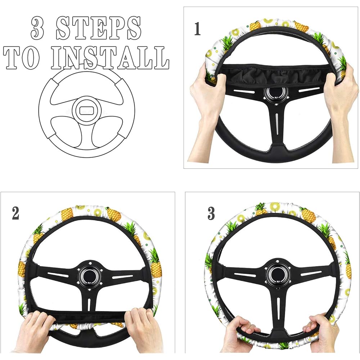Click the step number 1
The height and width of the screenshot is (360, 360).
click(197, 29)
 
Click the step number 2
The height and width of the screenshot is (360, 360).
click(15, 213)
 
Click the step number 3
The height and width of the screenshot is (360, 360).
click(211, 213)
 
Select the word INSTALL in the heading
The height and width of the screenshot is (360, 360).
click(110, 58)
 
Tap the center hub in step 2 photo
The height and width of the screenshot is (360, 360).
click(90, 275)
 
